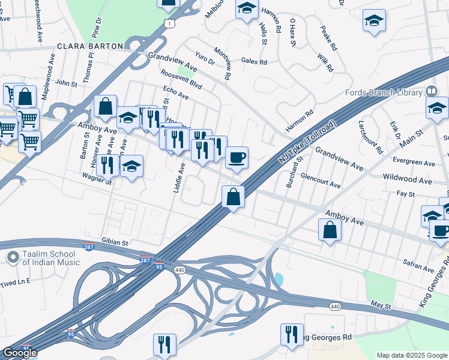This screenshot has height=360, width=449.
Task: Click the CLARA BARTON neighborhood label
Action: click(x=90, y=46)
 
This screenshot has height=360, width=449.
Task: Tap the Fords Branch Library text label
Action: click(x=384, y=92)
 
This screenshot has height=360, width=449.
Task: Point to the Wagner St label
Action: click(x=97, y=179)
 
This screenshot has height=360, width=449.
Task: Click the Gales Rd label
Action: click(x=254, y=61)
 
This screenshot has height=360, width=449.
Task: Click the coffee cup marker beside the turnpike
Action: click(x=237, y=157)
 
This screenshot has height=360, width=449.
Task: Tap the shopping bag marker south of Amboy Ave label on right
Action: click(x=330, y=229)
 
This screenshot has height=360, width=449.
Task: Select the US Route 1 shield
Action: click(x=170, y=24)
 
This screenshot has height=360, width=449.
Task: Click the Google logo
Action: click(x=19, y=353)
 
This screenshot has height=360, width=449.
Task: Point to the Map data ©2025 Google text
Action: click(x=412, y=355)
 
